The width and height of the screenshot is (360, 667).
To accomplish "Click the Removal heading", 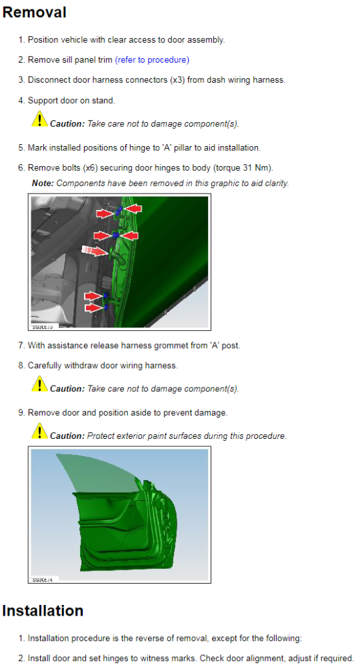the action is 35,12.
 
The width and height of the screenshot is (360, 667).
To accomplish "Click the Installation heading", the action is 43,610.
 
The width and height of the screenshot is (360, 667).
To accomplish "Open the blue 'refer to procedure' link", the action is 152,60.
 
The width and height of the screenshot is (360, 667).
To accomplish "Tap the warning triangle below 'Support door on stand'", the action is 39,119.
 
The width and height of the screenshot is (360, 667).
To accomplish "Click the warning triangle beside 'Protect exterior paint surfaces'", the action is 39,431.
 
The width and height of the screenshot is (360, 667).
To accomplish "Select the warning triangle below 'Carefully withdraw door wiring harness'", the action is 39,384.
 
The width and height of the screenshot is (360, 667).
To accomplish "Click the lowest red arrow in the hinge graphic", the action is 93,307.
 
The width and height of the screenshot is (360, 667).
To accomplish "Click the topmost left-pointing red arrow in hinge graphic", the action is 133,208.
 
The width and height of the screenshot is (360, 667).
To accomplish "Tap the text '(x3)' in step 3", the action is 177,80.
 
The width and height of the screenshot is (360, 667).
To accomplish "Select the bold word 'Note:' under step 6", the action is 43,183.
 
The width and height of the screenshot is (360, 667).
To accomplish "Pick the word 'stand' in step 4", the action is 104,101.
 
